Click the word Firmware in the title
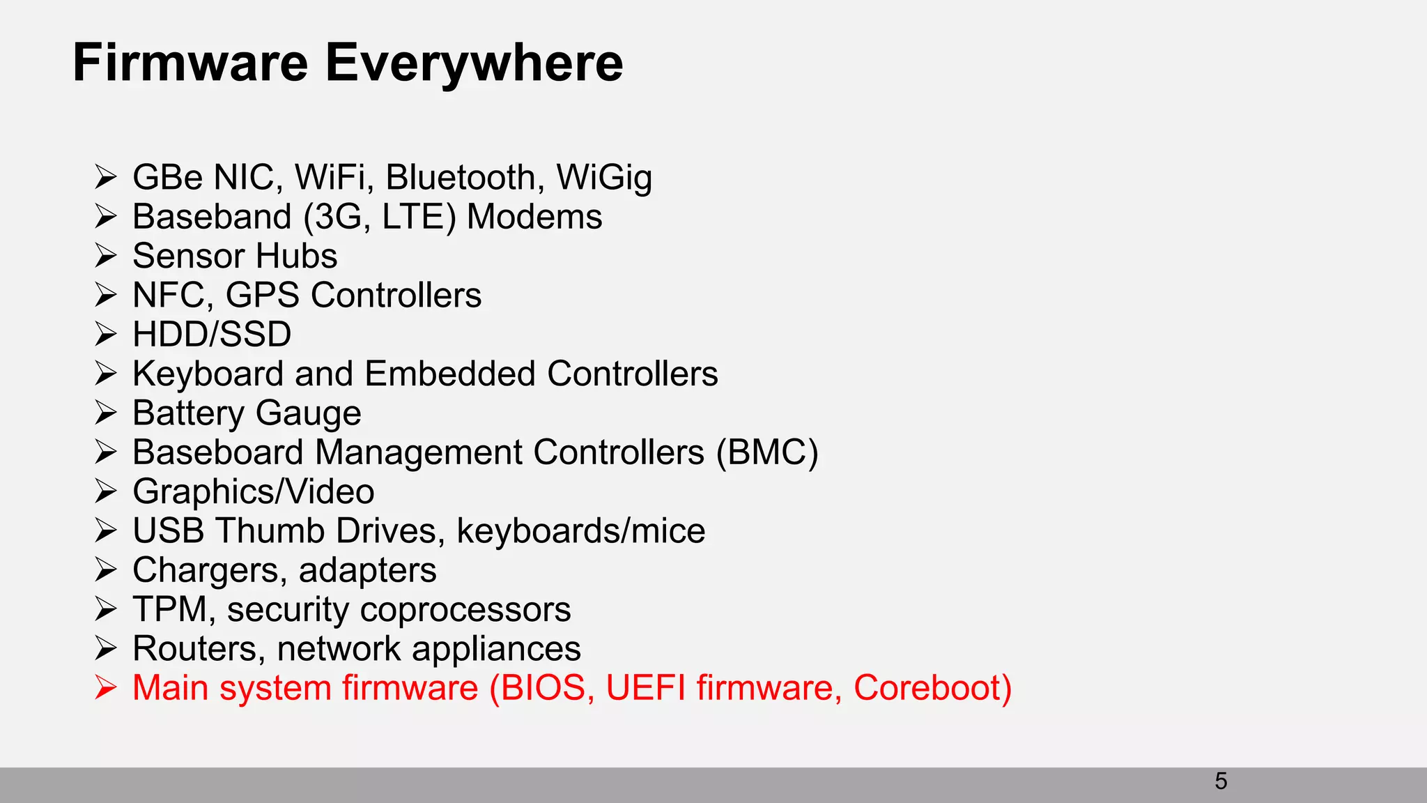(x=190, y=63)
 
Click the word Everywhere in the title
(x=474, y=63)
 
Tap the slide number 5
(x=1221, y=781)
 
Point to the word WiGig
(x=604, y=177)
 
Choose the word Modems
(x=534, y=217)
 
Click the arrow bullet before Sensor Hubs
(x=106, y=256)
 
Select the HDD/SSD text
(x=212, y=335)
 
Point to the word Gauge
(x=309, y=413)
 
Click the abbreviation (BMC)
(x=767, y=452)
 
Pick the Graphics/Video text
(x=254, y=491)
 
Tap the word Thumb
(x=270, y=531)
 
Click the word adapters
(x=367, y=570)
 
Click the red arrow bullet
(x=106, y=688)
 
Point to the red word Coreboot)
(x=932, y=688)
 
